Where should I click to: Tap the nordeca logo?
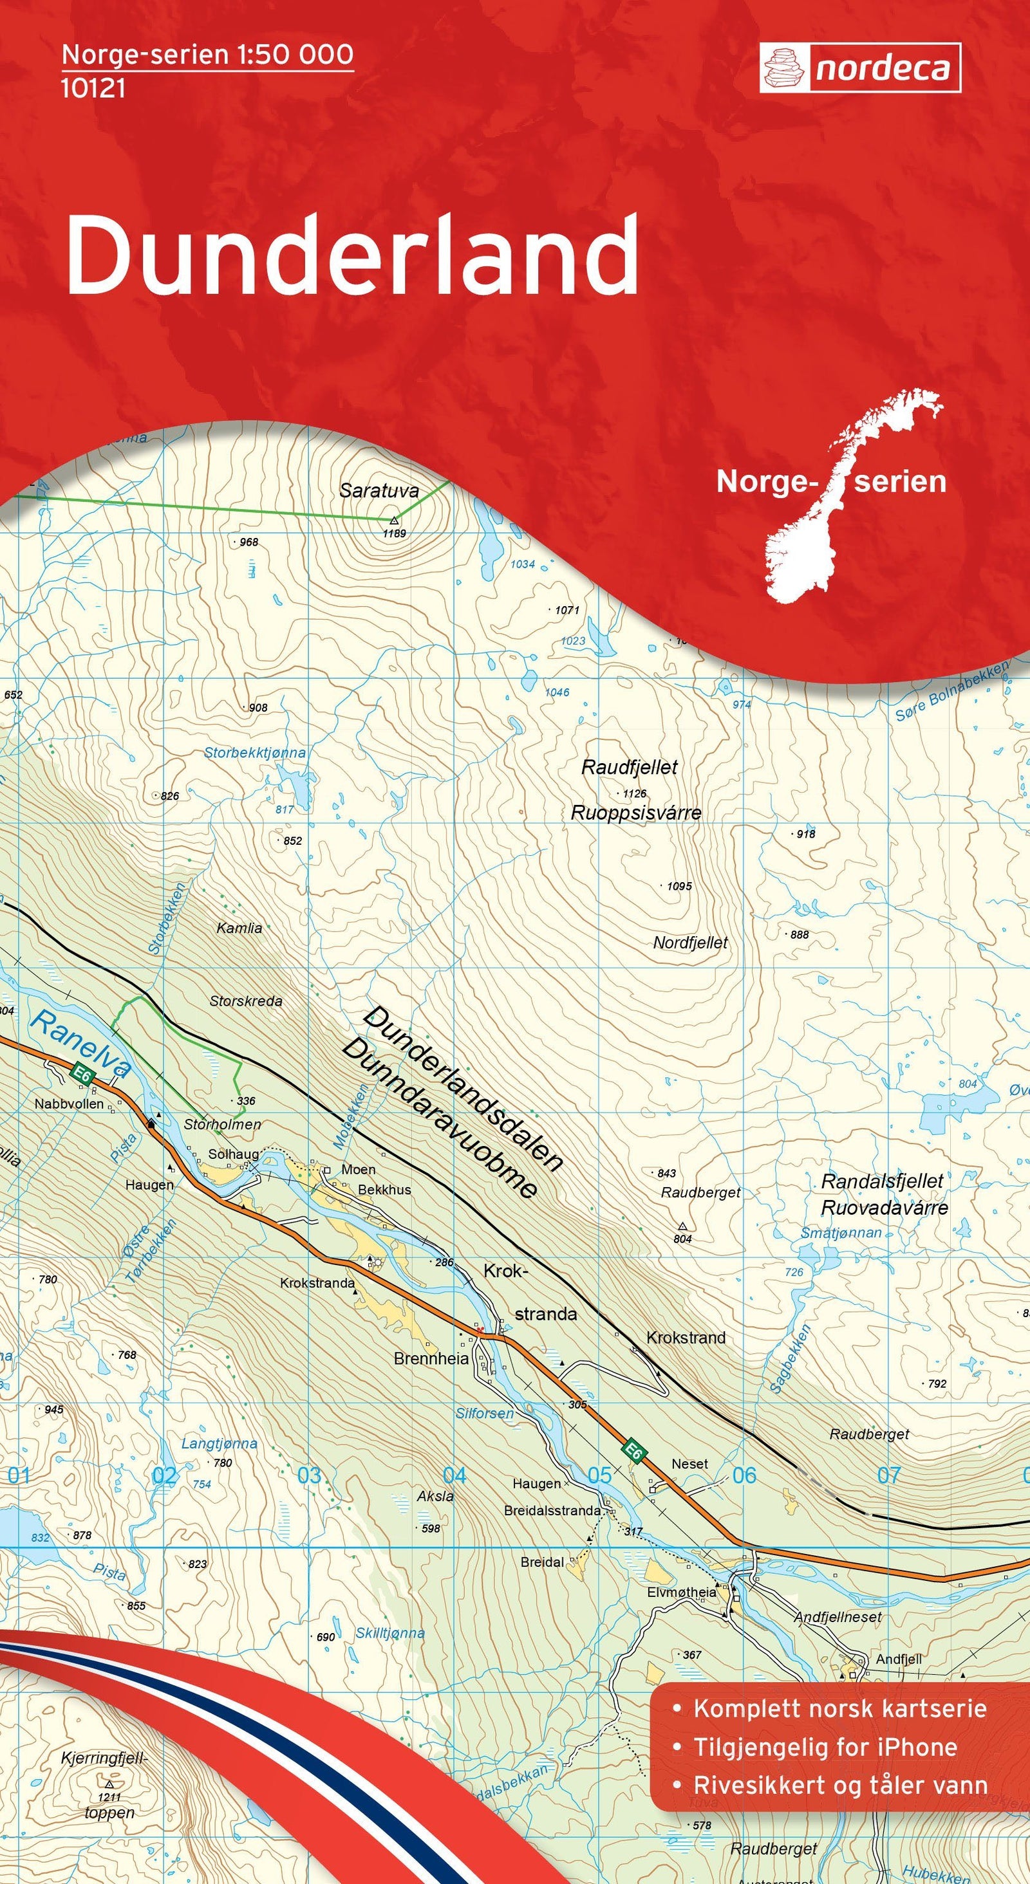tap(859, 68)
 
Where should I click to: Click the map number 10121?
tap(93, 89)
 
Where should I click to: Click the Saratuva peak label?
tap(379, 491)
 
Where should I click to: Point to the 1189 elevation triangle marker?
tap(394, 521)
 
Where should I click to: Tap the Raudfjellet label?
tap(629, 767)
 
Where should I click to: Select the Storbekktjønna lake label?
tap(254, 753)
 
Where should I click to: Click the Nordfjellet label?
tap(690, 943)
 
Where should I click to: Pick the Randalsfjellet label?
tap(882, 1181)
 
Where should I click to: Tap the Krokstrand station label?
tap(686, 1338)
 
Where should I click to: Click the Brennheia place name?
tap(431, 1359)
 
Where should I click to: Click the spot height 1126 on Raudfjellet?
tap(634, 793)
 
